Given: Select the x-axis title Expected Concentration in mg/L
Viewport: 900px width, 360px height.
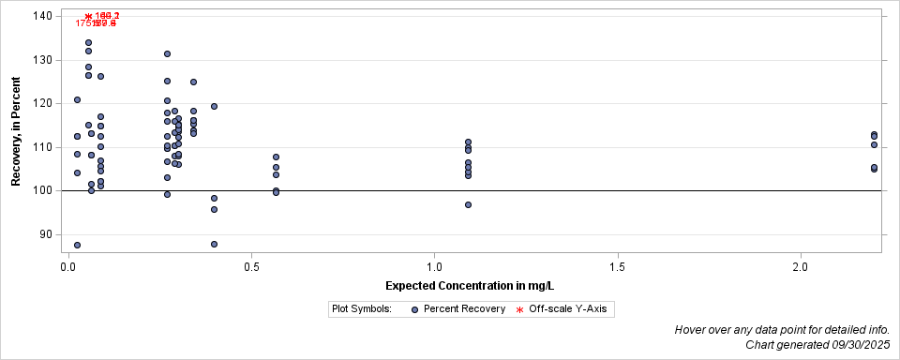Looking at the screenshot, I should point(475,285).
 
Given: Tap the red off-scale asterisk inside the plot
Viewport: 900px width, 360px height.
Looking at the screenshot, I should point(88,17).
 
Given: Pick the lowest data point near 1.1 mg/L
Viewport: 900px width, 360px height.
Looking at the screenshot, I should point(468,204).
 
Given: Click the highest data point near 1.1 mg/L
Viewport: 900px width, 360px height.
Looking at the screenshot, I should point(468,142).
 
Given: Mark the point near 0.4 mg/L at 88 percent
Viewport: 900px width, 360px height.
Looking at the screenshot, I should point(214,244).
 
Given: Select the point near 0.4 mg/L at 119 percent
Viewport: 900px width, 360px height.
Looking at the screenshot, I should point(214,106).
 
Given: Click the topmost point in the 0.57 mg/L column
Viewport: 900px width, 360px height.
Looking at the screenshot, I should point(276,157).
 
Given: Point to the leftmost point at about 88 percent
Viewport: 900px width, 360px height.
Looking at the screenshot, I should point(77,245).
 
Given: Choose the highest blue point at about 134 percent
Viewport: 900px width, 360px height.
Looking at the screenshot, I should point(88,42).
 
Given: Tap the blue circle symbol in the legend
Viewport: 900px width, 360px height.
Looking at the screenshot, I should point(414,308).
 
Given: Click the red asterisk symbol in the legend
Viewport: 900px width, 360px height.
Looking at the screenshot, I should point(519,308).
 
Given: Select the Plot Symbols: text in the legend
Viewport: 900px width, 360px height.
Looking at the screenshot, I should point(361,308).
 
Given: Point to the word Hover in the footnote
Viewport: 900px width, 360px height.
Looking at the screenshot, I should point(692,330).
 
